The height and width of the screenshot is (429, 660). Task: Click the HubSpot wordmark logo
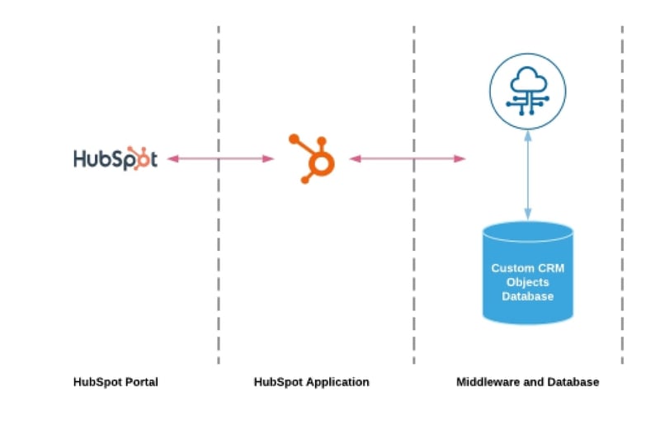(x=115, y=158)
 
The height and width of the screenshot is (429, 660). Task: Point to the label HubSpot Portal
(x=115, y=382)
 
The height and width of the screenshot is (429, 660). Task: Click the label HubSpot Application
(x=311, y=382)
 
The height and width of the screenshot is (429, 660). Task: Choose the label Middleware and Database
(x=527, y=382)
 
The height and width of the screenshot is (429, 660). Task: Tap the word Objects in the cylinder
(x=528, y=282)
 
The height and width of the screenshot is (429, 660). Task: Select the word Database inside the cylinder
(x=528, y=296)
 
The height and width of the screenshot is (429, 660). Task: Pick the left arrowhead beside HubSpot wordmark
(x=173, y=158)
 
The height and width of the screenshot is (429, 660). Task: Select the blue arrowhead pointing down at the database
(x=527, y=215)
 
